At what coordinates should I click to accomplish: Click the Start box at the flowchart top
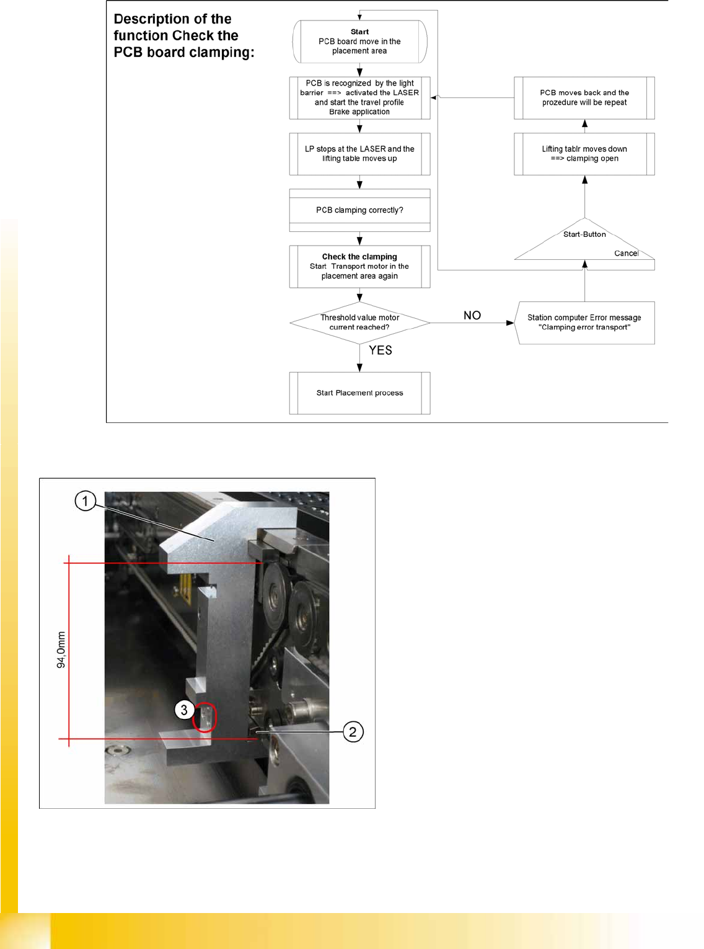click(x=359, y=42)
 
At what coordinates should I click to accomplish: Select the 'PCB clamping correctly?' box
click(x=359, y=210)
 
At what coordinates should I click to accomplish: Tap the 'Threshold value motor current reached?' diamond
click(x=359, y=323)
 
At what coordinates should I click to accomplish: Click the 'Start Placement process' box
click(x=359, y=393)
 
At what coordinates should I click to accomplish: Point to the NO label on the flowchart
click(x=472, y=315)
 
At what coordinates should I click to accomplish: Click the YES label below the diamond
click(x=381, y=350)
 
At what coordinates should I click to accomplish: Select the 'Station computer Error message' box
click(x=584, y=323)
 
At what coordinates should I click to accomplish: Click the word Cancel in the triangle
click(x=626, y=253)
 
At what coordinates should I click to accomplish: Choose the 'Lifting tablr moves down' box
click(x=584, y=154)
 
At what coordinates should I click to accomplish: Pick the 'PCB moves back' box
click(x=584, y=97)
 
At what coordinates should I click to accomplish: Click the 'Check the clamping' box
click(x=359, y=266)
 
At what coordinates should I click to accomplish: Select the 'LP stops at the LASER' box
click(x=359, y=154)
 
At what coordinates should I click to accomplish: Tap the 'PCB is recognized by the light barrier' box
click(x=359, y=97)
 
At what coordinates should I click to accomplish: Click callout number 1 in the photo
click(x=86, y=501)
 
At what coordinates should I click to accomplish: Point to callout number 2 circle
click(x=353, y=732)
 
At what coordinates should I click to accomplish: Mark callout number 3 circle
click(x=184, y=710)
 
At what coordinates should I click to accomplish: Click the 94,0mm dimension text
click(x=61, y=649)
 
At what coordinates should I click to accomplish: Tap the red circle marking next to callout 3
click(x=205, y=717)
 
